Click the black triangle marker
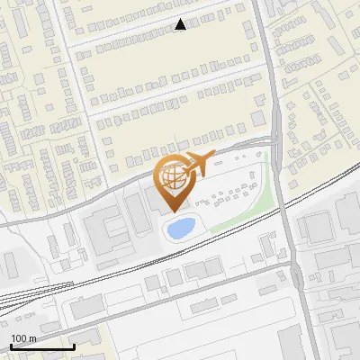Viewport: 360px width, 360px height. coord(181,25)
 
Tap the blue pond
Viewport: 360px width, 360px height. coord(180,229)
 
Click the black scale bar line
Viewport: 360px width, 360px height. coord(42,346)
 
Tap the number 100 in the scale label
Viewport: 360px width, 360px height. coord(19,338)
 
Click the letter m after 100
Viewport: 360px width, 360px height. coord(32,338)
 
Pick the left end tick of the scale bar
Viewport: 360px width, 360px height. coord(11,345)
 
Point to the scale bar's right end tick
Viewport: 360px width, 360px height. coord(74,345)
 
